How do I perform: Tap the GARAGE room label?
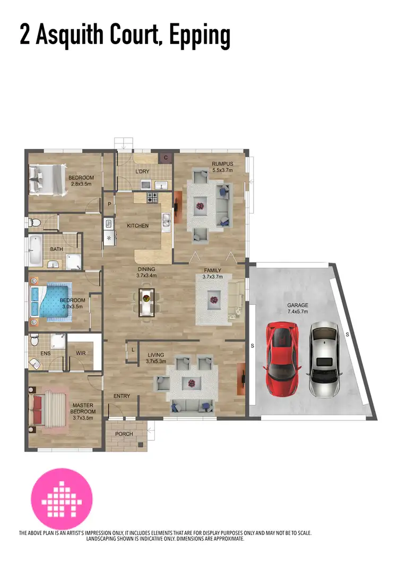[x=297, y=305]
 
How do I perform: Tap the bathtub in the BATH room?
[x=35, y=250]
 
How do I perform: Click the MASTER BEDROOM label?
[x=84, y=408]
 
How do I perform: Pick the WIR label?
[x=81, y=353]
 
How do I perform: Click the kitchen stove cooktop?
[x=152, y=198]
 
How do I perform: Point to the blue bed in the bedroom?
[x=52, y=300]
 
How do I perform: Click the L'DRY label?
[x=142, y=172]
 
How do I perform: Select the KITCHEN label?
[x=137, y=226]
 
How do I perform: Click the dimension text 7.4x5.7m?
[x=297, y=312]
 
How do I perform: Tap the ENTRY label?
[x=122, y=396]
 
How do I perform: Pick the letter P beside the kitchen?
[x=109, y=203]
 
